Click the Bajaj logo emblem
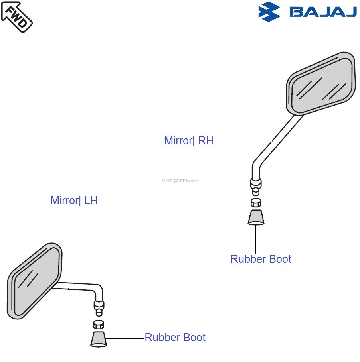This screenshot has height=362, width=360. [x=269, y=12]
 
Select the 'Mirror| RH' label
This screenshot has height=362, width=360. [x=189, y=141]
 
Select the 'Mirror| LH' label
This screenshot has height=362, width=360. [x=74, y=200]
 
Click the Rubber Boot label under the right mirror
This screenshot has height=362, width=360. [x=261, y=259]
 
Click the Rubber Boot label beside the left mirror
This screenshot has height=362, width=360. [x=175, y=337]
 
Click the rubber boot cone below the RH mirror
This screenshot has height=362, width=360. [x=256, y=217]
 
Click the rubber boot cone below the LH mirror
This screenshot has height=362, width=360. [x=99, y=339]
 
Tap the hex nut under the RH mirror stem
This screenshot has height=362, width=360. [x=256, y=202]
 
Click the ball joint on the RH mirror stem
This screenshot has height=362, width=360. [x=256, y=184]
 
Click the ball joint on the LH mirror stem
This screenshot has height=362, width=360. [x=99, y=306]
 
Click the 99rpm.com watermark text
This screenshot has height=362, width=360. [x=180, y=181]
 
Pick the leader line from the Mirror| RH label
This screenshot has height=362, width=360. [x=243, y=141]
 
